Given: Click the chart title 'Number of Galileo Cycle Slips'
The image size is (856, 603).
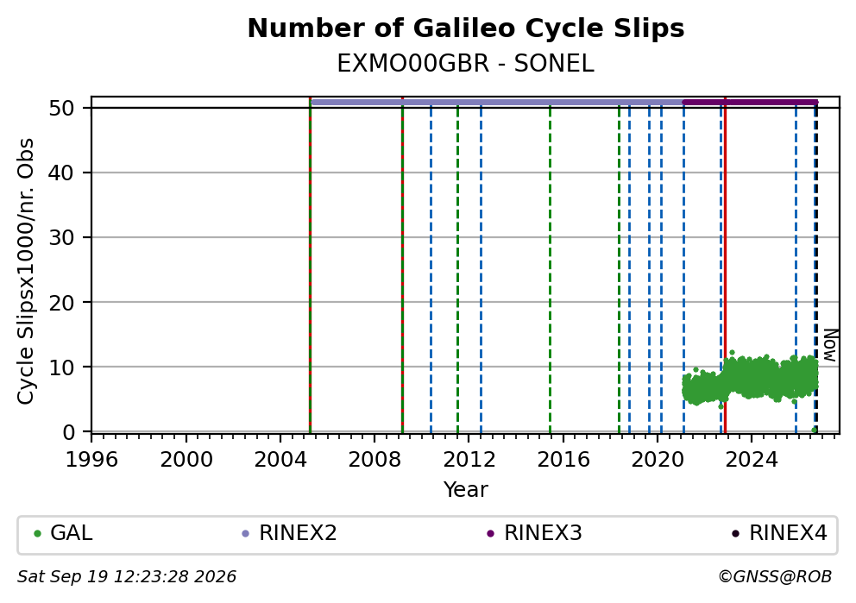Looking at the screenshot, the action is pyautogui.click(x=466, y=28).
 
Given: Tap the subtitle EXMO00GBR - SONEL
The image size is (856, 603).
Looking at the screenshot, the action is pyautogui.click(x=465, y=64).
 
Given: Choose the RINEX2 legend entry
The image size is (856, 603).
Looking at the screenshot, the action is pyautogui.click(x=289, y=533).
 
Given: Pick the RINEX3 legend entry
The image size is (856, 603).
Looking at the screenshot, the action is pyautogui.click(x=534, y=533).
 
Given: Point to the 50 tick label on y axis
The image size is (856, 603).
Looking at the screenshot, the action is pyautogui.click(x=61, y=108).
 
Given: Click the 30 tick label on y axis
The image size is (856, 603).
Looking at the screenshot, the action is pyautogui.click(x=61, y=237).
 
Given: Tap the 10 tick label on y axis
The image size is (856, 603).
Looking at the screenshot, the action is pyautogui.click(x=61, y=367).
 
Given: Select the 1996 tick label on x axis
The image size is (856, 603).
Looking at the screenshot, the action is pyautogui.click(x=91, y=460).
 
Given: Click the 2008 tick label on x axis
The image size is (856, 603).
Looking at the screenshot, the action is pyautogui.click(x=374, y=460).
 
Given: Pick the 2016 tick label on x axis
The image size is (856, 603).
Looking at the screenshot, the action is pyautogui.click(x=563, y=460).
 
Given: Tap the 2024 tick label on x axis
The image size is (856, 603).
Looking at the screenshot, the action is pyautogui.click(x=752, y=460).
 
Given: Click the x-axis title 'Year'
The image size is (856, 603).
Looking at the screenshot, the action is pyautogui.click(x=466, y=489).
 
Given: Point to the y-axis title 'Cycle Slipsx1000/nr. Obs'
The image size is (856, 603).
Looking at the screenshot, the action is pyautogui.click(x=25, y=271).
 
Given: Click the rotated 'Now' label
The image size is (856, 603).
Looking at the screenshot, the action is pyautogui.click(x=830, y=345).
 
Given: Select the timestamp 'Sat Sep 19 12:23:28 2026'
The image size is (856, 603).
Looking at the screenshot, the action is pyautogui.click(x=127, y=577).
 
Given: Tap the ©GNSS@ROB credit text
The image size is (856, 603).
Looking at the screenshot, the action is pyautogui.click(x=775, y=577).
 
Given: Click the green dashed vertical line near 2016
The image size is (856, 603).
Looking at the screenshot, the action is pyautogui.click(x=550, y=268).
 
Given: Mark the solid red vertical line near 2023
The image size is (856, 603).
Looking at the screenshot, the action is pyautogui.click(x=725, y=265).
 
